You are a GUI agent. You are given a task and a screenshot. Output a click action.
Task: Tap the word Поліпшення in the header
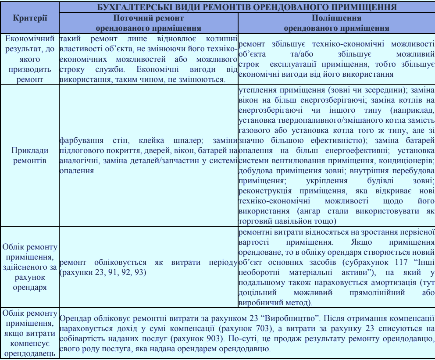[x=336, y=18]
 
